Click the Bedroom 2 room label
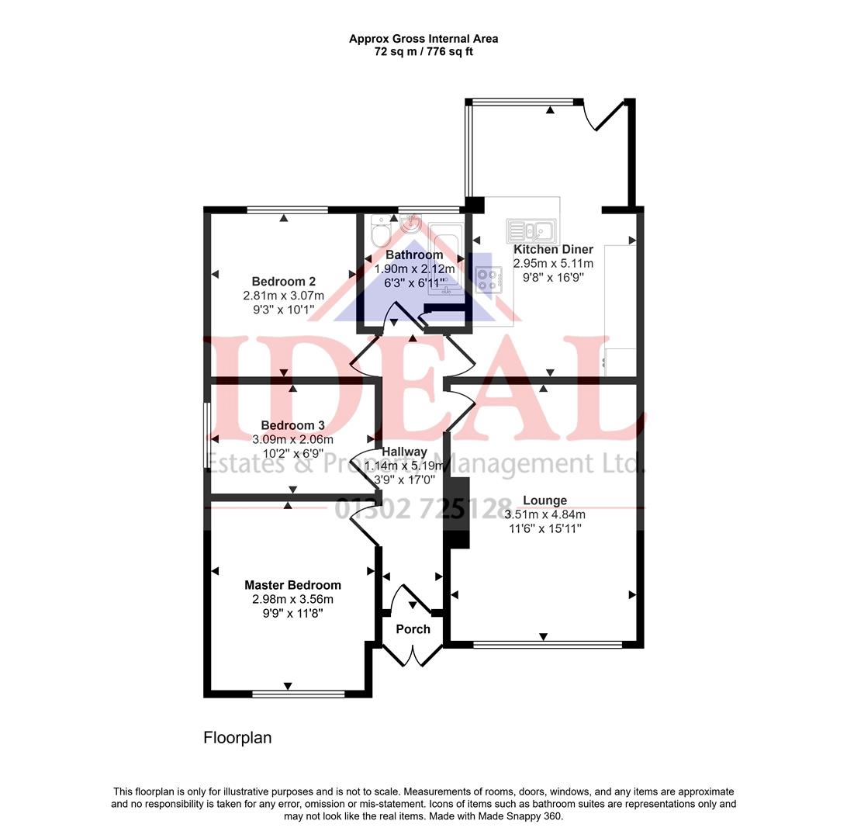pos(283,282)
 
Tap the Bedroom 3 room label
pos(292,425)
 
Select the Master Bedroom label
pos(292,585)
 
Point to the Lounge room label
pos(544,500)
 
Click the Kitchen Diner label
pos(553,249)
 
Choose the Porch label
pos(413,629)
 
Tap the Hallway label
pos(404,452)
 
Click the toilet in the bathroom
pos(380,230)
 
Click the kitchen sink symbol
pos(530,230)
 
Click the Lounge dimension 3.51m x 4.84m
pos(544,514)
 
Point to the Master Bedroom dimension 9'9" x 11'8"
pos(292,613)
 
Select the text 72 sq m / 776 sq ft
pos(423,52)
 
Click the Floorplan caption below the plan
pos(237,738)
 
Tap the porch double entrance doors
pos(413,656)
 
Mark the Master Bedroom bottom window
pos(298,694)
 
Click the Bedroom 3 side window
pos(206,435)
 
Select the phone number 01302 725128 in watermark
pos(423,508)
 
